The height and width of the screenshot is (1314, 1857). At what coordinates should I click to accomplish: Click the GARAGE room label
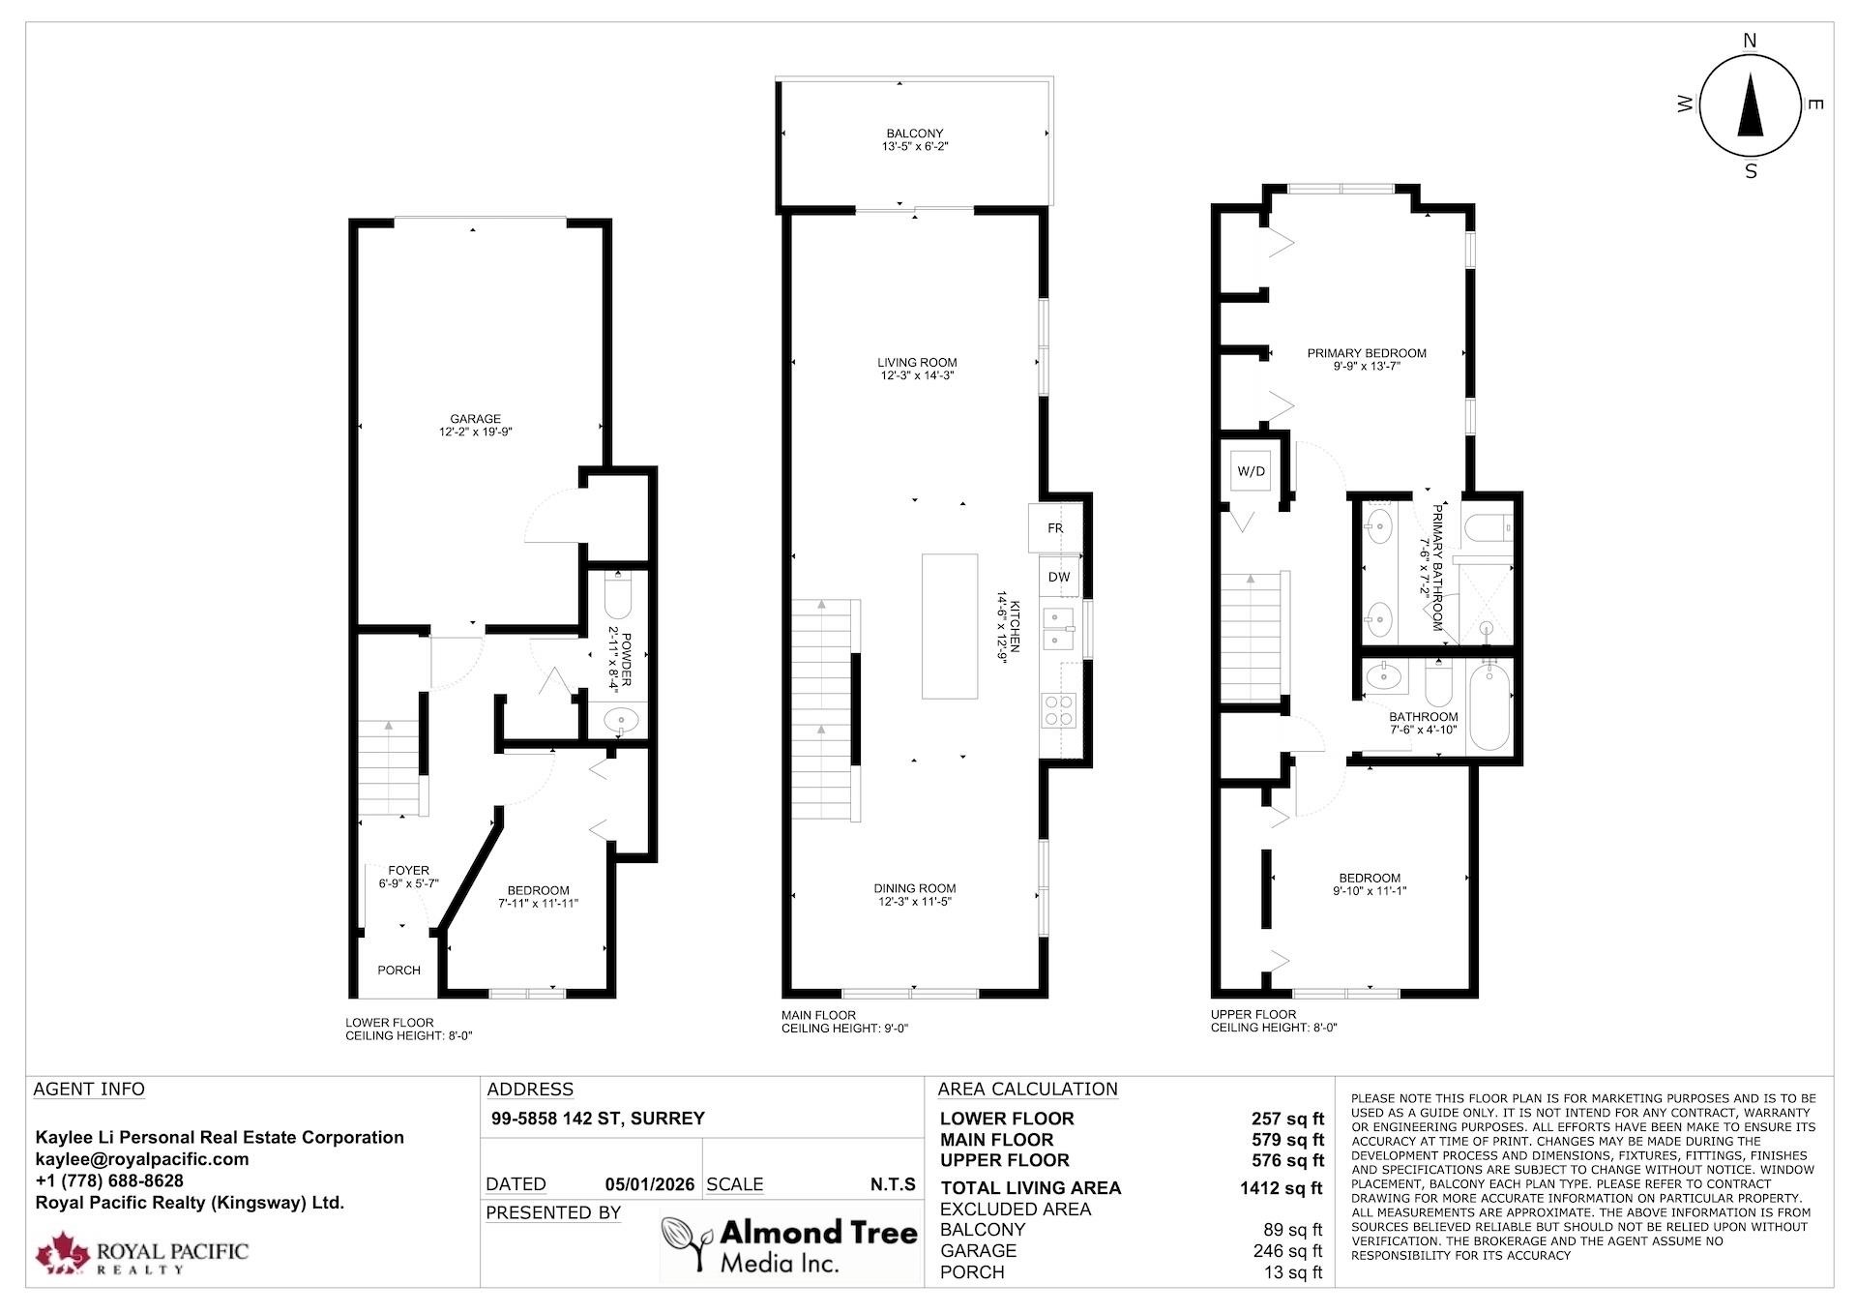point(475,419)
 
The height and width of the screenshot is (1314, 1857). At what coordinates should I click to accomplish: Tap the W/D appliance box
point(1252,471)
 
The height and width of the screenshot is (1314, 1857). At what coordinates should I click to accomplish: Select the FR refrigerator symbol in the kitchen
point(1055,528)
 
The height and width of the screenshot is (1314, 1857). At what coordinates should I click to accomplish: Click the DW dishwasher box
point(1060,577)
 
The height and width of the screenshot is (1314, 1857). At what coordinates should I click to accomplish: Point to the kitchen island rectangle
point(950,626)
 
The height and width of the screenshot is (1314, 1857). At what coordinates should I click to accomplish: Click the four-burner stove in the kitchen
point(1058,711)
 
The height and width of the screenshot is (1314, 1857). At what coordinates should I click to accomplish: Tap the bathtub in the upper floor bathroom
point(1490,706)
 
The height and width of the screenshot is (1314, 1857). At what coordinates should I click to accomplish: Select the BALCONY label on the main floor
point(915,134)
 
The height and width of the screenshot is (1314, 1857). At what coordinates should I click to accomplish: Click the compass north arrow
point(1751,107)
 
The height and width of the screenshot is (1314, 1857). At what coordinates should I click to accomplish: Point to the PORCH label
point(398,970)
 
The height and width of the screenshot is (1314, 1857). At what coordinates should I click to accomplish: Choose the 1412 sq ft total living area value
point(1281,1188)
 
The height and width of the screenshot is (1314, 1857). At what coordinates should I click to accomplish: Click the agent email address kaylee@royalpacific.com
point(142,1159)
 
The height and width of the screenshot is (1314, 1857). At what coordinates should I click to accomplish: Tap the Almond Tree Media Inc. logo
point(789,1246)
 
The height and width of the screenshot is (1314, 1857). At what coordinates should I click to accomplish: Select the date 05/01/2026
point(650,1184)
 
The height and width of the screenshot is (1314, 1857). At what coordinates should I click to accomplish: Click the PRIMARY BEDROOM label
point(1367,353)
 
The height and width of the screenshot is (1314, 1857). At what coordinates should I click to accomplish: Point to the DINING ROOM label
point(915,888)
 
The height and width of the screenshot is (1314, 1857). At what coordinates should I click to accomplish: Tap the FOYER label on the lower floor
point(409,870)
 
